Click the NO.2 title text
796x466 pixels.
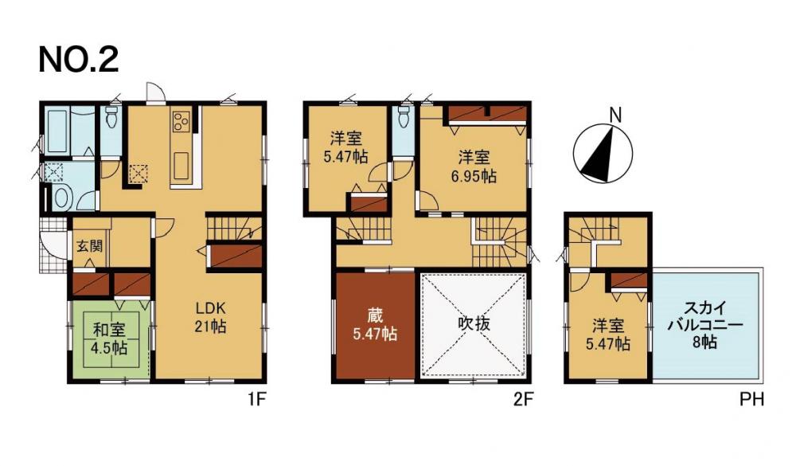point(79,60)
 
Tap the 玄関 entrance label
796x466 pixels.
point(90,246)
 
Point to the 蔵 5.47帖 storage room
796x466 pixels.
point(375,326)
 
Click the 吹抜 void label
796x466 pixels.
point(474,323)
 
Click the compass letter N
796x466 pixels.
point(615,116)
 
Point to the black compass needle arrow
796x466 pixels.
point(599,155)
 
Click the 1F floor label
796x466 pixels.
point(257,400)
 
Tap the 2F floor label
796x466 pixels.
point(523,400)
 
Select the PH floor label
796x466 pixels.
point(751,400)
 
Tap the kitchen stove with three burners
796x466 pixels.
point(181,121)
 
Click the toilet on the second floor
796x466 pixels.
point(404,117)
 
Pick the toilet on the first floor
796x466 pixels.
point(112,117)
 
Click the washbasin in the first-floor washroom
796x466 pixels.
point(60,198)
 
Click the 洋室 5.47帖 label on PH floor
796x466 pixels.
point(608,335)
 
